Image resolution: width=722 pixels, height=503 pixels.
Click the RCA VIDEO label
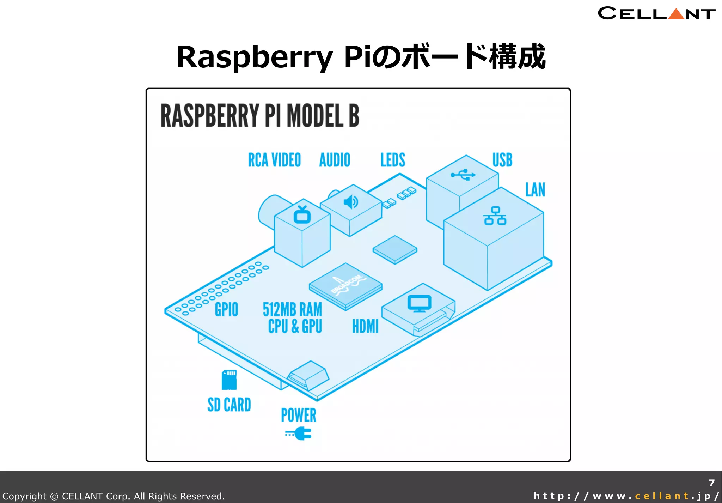pos(274,160)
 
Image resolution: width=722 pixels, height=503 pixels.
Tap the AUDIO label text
pos(335,160)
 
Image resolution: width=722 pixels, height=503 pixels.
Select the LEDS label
pos(393,160)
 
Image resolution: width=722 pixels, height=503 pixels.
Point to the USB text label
pos(502,160)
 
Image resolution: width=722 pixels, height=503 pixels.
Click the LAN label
pos(535,190)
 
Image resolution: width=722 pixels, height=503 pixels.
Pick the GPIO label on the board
pos(226,310)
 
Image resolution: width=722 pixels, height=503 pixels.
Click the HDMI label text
pos(365,326)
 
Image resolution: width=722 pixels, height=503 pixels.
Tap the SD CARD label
pos(229,405)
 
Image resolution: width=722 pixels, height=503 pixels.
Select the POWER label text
pos(299,415)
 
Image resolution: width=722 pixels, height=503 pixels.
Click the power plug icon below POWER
pos(299,434)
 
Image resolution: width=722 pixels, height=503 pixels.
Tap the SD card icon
pos(229,380)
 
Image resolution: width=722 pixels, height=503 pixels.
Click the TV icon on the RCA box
pos(302,215)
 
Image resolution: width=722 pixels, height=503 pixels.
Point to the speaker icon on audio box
pos(351,202)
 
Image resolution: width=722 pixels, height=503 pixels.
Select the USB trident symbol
pos(463,175)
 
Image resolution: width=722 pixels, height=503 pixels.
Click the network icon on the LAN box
pos(495,216)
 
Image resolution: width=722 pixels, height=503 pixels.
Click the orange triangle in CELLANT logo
pos(676,14)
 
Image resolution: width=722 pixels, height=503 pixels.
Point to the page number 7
pos(711,483)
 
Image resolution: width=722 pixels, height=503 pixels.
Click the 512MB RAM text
pos(292,310)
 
